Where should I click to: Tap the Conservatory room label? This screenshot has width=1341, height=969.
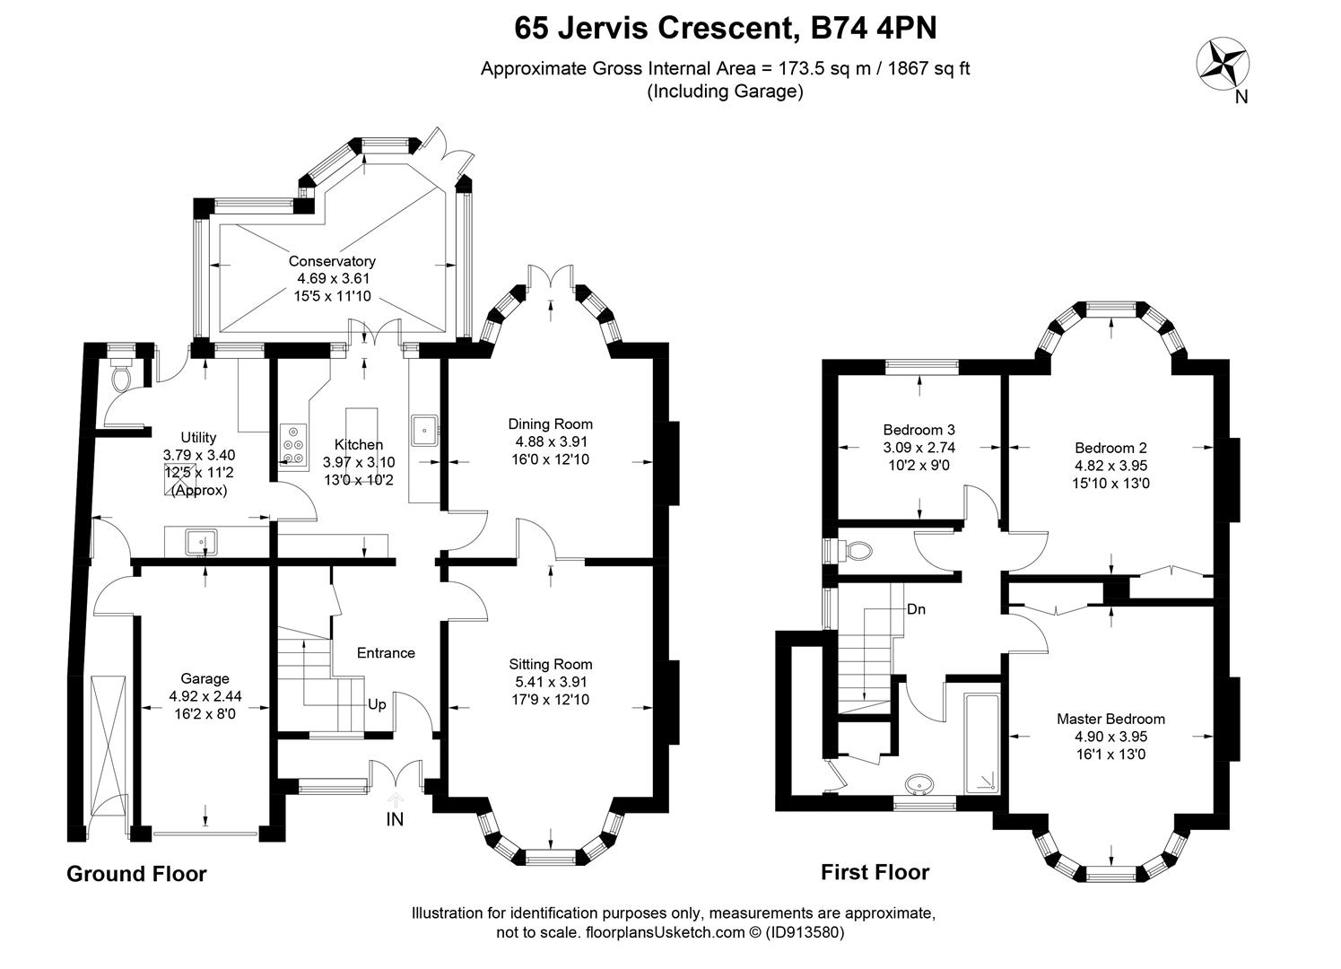click(331, 261)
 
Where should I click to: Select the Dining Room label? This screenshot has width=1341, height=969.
click(550, 424)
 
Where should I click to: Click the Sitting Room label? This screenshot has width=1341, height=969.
click(550, 665)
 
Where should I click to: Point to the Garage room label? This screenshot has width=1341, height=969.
click(205, 679)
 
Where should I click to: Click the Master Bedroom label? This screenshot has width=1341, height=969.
click(1110, 719)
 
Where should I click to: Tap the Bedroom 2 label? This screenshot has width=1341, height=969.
click(1110, 448)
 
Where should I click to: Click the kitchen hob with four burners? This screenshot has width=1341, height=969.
click(293, 444)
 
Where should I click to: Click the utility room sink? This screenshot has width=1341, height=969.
click(201, 542)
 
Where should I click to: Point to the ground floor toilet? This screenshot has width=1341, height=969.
click(121, 378)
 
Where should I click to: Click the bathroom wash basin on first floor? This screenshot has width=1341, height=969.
click(919, 785)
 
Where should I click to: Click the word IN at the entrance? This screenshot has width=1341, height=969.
click(395, 819)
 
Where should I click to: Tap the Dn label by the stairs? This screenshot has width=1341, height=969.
click(916, 609)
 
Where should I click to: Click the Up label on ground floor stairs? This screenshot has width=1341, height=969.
click(377, 704)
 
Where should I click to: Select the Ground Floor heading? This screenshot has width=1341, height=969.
click(136, 874)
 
